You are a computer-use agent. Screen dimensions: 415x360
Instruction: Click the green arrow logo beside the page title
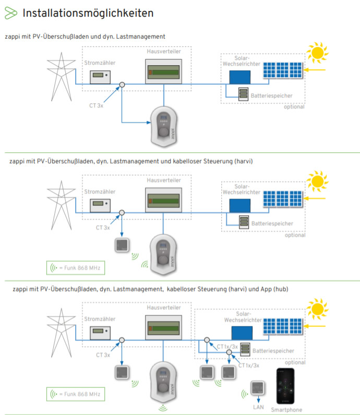coord(10,13)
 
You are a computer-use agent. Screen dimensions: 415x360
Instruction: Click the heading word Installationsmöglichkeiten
coord(88,13)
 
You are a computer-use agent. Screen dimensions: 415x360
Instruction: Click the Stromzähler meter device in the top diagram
coord(100,77)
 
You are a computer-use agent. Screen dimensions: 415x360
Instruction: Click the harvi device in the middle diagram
coord(123,245)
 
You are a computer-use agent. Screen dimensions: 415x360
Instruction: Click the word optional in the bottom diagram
coord(295,362)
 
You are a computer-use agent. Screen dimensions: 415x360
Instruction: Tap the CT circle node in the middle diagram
coord(122,212)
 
